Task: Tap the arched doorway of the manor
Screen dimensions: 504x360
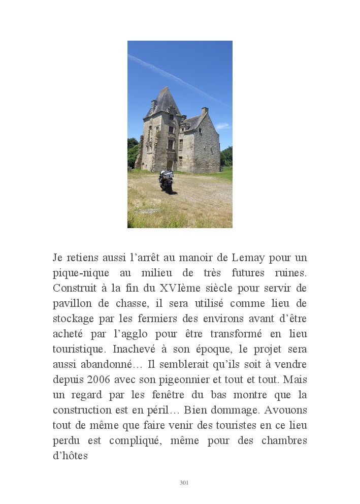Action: pos(170,165)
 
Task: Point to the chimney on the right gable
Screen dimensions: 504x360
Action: pos(205,111)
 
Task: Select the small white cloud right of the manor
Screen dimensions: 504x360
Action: pos(222,126)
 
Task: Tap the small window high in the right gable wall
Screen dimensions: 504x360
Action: pos(201,131)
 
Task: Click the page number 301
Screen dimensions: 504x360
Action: pos(184,483)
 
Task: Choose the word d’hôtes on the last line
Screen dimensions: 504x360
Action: pos(70,456)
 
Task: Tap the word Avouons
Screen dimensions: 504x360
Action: pos(285,410)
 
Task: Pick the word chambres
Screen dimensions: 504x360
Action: pos(284,440)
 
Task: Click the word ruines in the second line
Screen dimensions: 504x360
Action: pos(293,273)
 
